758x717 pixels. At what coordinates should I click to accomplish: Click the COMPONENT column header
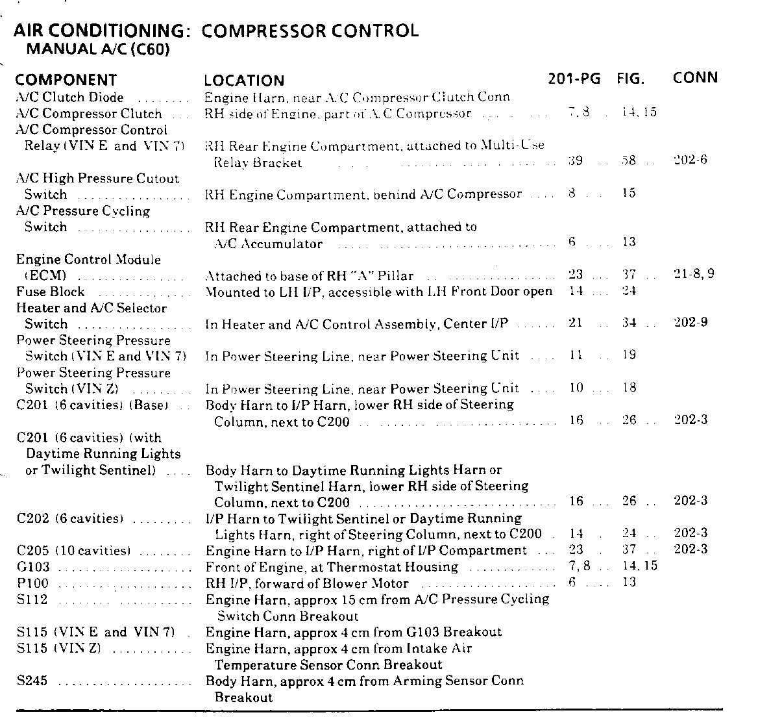(x=66, y=80)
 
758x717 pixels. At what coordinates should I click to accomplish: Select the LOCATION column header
(x=244, y=81)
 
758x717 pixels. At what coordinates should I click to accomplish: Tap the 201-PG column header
(x=574, y=79)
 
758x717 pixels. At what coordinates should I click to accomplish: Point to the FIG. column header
(x=631, y=79)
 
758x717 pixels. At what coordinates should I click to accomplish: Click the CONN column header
(x=695, y=78)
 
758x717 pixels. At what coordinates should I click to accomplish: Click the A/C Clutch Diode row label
(x=69, y=97)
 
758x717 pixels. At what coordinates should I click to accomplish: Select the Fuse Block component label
(x=51, y=292)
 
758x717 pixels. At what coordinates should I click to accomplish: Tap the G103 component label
(x=32, y=566)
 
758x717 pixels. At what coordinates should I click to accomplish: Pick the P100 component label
(x=32, y=583)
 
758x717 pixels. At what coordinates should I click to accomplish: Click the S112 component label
(x=32, y=599)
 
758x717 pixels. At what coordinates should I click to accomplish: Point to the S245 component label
(x=32, y=681)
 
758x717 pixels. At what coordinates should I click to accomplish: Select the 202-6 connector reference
(x=691, y=160)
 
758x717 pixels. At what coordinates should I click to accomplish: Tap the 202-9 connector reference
(x=691, y=322)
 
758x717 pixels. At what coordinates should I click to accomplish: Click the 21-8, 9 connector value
(x=694, y=274)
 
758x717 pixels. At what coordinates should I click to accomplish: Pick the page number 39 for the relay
(x=575, y=160)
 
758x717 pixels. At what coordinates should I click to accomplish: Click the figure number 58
(x=628, y=160)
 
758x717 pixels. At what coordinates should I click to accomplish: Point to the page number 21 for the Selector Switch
(x=575, y=323)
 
